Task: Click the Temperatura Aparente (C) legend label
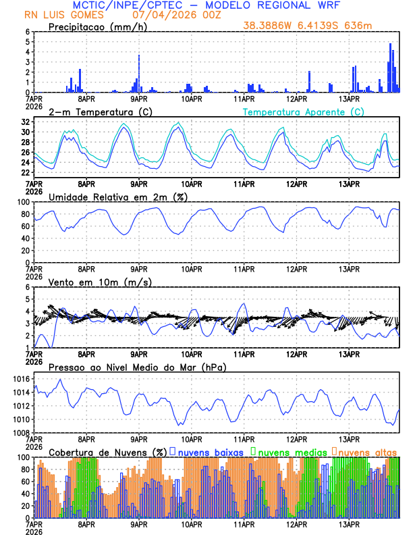click(x=304, y=111)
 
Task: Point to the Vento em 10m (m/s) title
click(x=100, y=282)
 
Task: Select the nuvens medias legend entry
click(x=289, y=452)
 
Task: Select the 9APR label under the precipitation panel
click(x=139, y=98)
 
